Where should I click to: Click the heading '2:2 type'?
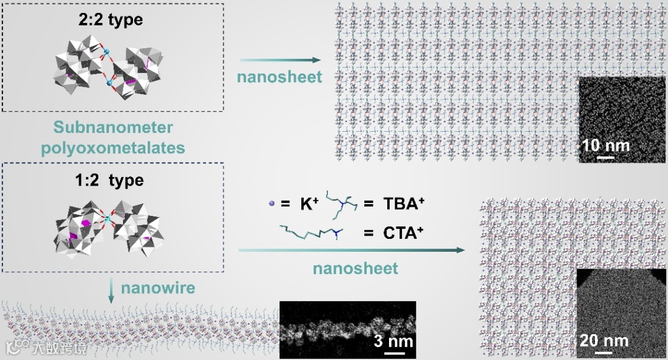click(x=112, y=19)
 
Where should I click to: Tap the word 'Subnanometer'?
click(x=112, y=128)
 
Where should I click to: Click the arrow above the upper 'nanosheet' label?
click(x=280, y=60)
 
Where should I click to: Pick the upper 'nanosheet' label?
click(x=280, y=77)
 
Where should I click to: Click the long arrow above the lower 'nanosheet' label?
click(x=351, y=251)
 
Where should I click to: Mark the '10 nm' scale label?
click(x=606, y=146)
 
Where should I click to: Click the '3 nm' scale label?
click(x=393, y=342)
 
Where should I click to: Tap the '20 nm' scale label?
click(x=604, y=340)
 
